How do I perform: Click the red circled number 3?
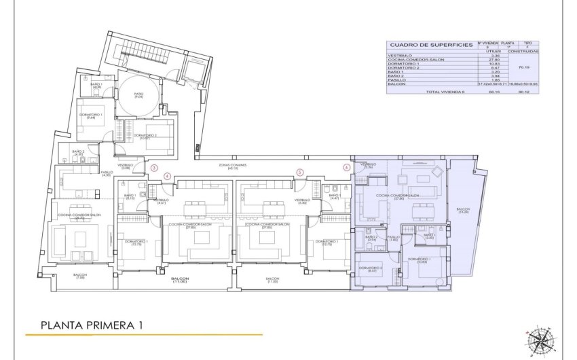coord(154,167)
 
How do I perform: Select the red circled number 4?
coord(167,176)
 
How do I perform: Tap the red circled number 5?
coord(299,173)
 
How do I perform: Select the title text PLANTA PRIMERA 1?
coord(92,325)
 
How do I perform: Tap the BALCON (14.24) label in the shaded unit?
coord(463,211)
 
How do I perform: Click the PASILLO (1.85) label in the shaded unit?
coord(394,238)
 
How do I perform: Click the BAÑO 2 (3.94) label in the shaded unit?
coord(371,238)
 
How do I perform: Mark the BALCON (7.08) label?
coord(80,276)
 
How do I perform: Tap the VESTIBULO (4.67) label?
coord(161,201)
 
